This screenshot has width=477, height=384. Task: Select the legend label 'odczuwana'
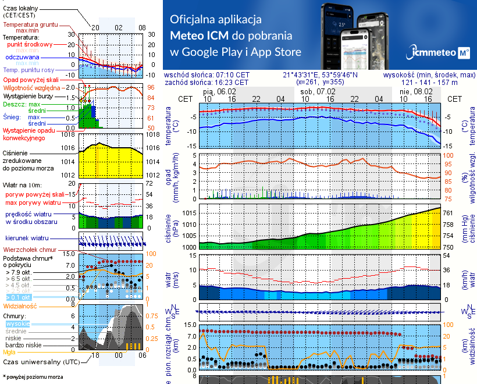(22, 58)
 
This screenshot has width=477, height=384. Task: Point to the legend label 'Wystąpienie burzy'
(31, 94)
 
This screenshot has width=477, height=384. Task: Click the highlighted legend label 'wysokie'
(17, 323)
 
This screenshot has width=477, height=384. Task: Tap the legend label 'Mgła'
(9, 352)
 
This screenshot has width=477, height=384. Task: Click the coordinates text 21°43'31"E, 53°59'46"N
(321, 75)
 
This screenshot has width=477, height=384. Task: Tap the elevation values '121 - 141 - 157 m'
(429, 83)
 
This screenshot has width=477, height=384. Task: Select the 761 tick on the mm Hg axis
(449, 212)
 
